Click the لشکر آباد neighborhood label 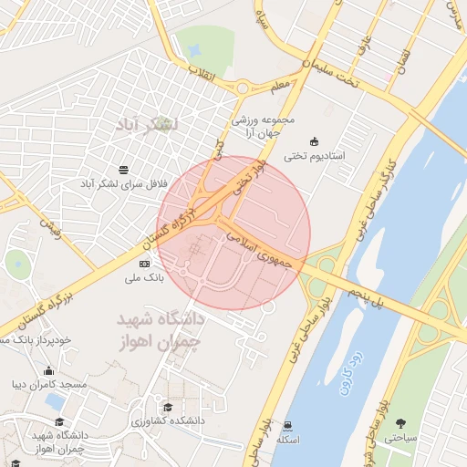(x=146, y=123)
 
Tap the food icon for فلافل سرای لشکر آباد (x=124, y=169)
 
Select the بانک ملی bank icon (x=144, y=264)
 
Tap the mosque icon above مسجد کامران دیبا (x=48, y=371)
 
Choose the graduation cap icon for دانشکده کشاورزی (x=167, y=407)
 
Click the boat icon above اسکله (x=288, y=424)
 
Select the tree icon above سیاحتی (x=400, y=421)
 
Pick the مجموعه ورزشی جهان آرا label (x=264, y=127)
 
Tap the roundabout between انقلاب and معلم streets (x=243, y=88)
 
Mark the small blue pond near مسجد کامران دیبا (x=55, y=401)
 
